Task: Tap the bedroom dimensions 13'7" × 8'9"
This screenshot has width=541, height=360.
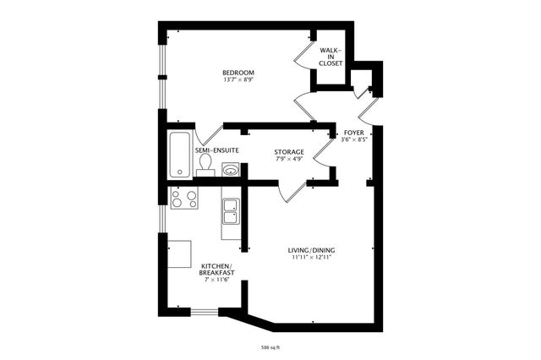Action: (238, 81)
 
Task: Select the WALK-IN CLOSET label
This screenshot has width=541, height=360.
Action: (331, 57)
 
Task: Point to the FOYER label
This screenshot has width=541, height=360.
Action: (353, 133)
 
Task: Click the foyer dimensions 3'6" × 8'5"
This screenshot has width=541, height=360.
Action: (353, 140)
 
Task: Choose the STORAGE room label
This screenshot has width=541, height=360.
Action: (289, 151)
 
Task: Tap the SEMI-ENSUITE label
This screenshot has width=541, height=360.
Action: (216, 150)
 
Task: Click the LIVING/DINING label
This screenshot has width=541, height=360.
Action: (311, 249)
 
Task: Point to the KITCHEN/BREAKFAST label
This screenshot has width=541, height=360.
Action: (216, 270)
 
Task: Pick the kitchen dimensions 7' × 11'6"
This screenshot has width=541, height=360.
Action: (216, 280)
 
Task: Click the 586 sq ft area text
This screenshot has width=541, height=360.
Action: (270, 346)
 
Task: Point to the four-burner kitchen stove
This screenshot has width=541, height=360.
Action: (184, 199)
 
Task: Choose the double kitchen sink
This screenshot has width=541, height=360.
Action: (231, 211)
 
